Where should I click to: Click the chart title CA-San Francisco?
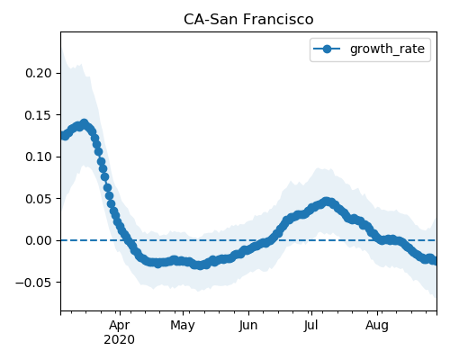tap(248, 20)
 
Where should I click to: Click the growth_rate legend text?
tap(387, 49)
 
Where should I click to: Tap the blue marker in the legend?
tap(327, 49)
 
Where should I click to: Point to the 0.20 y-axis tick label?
tap(39, 73)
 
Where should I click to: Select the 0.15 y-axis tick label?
tap(39, 115)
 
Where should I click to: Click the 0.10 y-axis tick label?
tap(39, 157)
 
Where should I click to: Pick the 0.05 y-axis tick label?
tap(39, 199)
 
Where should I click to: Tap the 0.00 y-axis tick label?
tap(39, 240)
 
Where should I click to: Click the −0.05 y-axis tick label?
tap(33, 283)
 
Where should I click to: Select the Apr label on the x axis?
tap(120, 326)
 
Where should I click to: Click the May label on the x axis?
tap(183, 326)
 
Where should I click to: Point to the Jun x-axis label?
tap(248, 326)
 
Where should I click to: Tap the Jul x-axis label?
tap(310, 326)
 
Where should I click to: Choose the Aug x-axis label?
tap(377, 326)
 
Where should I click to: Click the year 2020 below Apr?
tap(119, 340)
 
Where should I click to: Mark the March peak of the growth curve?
tap(85, 123)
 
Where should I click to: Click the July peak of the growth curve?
tap(327, 202)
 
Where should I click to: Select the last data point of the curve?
tap(435, 261)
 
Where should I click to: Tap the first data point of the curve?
tap(63, 135)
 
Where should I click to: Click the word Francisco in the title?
tap(278, 20)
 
